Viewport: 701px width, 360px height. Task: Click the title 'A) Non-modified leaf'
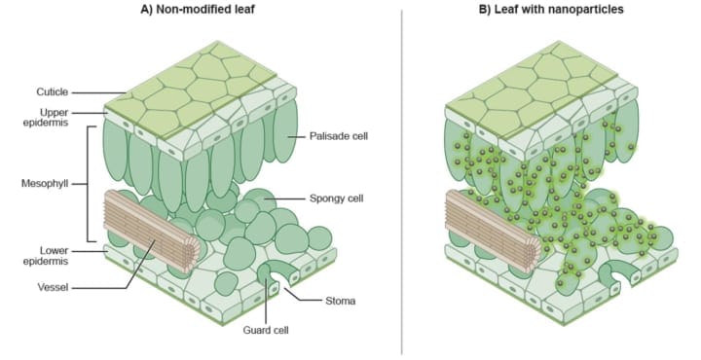pos(197,9)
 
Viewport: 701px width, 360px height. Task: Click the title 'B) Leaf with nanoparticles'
pos(551,9)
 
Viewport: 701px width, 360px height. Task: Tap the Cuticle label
pos(53,92)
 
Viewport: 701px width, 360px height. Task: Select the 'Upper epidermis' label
pos(46,117)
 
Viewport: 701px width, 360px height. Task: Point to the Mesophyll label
pos(45,184)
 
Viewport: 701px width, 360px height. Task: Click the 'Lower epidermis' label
pos(46,256)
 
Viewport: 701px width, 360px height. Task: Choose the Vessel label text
pos(53,287)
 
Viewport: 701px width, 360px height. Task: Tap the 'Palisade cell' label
pos(339,136)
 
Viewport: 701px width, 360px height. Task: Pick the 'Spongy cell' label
pos(337,198)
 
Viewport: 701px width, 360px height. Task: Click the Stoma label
pos(341,301)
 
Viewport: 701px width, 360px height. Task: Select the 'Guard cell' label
pos(266,331)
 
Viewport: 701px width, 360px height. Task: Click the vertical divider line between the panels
pos(401,182)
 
